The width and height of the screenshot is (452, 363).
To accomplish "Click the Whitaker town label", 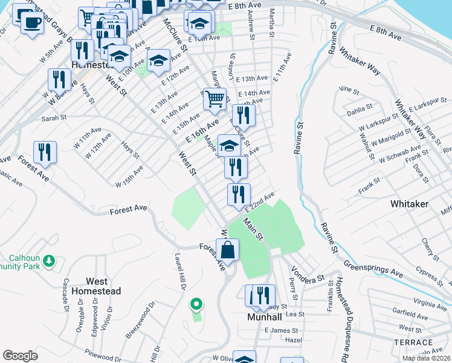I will click(410, 204).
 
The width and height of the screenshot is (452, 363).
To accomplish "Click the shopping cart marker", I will click(215, 98).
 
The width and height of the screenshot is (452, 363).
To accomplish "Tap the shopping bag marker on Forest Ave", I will click(227, 249).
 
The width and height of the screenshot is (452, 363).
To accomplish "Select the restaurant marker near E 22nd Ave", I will click(239, 194).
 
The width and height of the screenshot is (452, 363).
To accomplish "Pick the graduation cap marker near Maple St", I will click(229, 145).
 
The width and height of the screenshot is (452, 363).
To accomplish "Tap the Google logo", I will click(20, 355).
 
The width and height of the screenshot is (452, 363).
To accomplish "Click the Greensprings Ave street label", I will click(373, 268).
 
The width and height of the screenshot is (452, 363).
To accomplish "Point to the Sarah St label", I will click(53, 119).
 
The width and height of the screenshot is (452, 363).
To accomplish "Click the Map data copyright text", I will click(427, 358).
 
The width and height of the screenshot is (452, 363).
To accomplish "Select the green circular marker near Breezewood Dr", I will click(195, 304).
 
